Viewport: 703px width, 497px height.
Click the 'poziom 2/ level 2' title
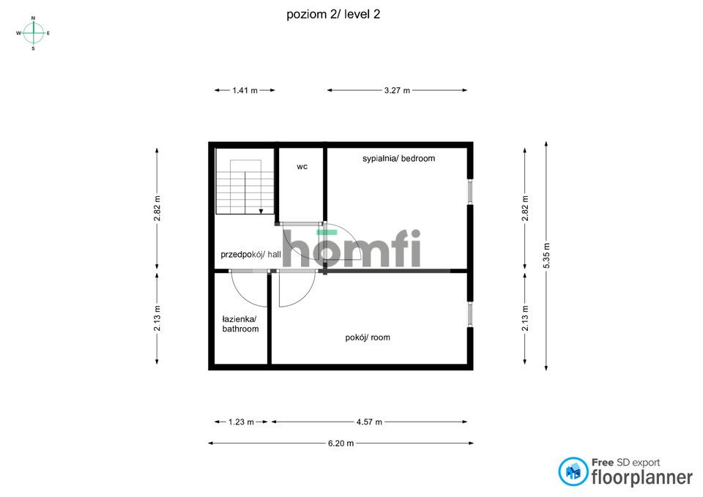(333, 14)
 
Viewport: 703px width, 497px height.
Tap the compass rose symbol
(33, 32)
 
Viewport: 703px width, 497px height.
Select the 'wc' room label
(302, 167)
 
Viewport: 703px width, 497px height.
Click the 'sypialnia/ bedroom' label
(398, 158)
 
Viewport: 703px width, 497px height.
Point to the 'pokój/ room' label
(368, 337)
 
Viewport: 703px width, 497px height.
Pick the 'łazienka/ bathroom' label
(240, 324)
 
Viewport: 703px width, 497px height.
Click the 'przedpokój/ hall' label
(250, 255)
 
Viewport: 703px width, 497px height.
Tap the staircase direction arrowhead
(261, 211)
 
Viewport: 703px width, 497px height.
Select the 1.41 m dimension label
(245, 91)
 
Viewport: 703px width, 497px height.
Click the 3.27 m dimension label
(397, 91)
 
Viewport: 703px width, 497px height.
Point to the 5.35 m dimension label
(547, 255)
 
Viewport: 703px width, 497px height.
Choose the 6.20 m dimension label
(341, 443)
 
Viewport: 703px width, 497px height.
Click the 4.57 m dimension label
(368, 422)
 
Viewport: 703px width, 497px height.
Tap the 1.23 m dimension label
(241, 422)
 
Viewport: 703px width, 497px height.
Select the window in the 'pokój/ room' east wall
(469, 313)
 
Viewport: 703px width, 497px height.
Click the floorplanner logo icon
(573, 472)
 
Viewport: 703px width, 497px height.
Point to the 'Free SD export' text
(625, 463)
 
